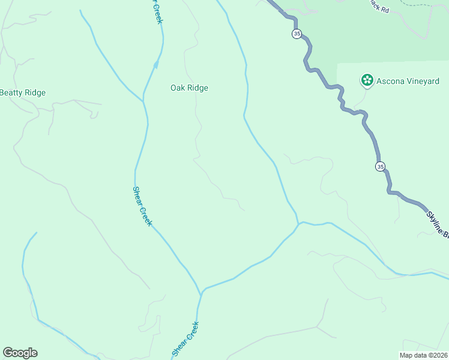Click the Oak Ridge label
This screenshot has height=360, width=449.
point(189,88)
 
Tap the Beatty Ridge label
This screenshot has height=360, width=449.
point(22,92)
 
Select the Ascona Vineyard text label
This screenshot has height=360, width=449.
point(408,81)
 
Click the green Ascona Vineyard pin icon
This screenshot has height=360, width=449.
point(366,80)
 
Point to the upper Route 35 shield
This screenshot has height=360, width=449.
point(297,34)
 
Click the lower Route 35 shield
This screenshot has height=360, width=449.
point(381,166)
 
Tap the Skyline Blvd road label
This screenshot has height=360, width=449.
point(437,224)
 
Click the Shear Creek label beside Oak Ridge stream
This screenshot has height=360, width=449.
point(142,206)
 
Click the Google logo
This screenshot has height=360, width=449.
point(20,353)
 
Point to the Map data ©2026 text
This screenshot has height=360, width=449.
point(423,355)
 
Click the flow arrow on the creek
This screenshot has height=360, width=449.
point(156,65)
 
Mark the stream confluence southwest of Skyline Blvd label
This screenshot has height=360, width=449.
point(298,224)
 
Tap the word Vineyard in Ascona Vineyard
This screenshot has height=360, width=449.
point(422,81)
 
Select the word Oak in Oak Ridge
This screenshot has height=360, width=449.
point(177,88)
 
